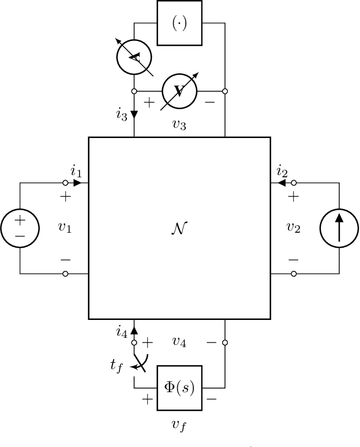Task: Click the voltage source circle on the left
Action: pyautogui.click(x=20, y=228)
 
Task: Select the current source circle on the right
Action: pyautogui.click(x=339, y=228)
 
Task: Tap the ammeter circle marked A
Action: pyautogui.click(x=134, y=56)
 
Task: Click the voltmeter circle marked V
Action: pyautogui.click(x=179, y=91)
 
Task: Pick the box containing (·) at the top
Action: pyautogui.click(x=179, y=23)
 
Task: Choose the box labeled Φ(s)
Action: pyautogui.click(x=179, y=388)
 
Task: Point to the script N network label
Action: pyautogui.click(x=179, y=228)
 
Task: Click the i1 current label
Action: pyautogui.click(x=76, y=171)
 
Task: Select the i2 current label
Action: pyautogui.click(x=282, y=171)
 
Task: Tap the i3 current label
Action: pyautogui.click(x=121, y=114)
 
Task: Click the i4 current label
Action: pyautogui.click(x=121, y=331)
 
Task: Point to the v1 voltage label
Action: pyautogui.click(x=65, y=227)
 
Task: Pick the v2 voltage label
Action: pyautogui.click(x=294, y=227)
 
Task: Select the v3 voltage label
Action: pyautogui.click(x=179, y=124)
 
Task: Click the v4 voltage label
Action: pyautogui.click(x=179, y=342)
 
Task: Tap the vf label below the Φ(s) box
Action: pyautogui.click(x=179, y=426)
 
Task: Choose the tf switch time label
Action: pyautogui.click(x=117, y=365)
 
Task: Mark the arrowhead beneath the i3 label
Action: pyautogui.click(x=134, y=114)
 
